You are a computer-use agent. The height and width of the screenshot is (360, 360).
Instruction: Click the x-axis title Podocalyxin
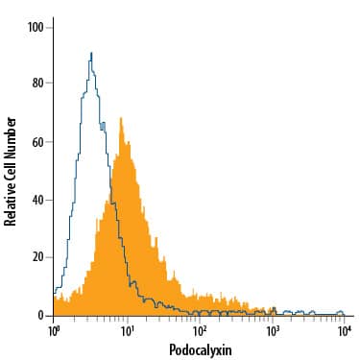click(x=200, y=349)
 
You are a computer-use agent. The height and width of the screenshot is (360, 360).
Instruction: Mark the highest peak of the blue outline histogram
click(x=90, y=53)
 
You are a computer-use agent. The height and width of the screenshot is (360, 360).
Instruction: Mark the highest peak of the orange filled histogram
click(x=121, y=118)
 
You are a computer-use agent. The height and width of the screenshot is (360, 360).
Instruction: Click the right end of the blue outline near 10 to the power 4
click(x=344, y=314)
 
